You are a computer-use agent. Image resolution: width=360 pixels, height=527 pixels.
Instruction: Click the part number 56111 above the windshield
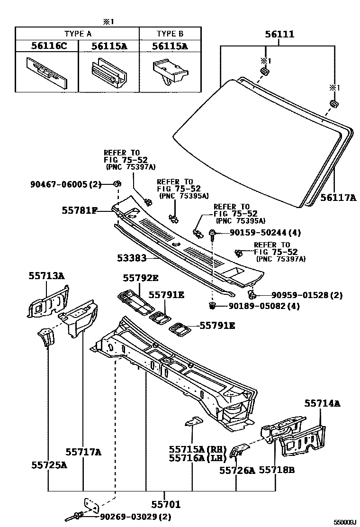coord(279,34)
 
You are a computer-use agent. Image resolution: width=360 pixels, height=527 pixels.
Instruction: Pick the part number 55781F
coord(79,209)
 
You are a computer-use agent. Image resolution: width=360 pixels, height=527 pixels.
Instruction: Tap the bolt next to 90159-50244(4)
coord(212,234)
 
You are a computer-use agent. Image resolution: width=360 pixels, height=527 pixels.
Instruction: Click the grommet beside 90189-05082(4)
coord(213,306)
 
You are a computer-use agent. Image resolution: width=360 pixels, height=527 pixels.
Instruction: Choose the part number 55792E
coord(141,278)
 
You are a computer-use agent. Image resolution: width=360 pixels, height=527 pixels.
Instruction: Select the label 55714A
coord(322,403)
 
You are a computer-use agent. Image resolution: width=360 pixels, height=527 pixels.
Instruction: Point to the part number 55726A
coord(237,470)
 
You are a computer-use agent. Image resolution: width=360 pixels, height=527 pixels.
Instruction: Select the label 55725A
coord(49,465)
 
